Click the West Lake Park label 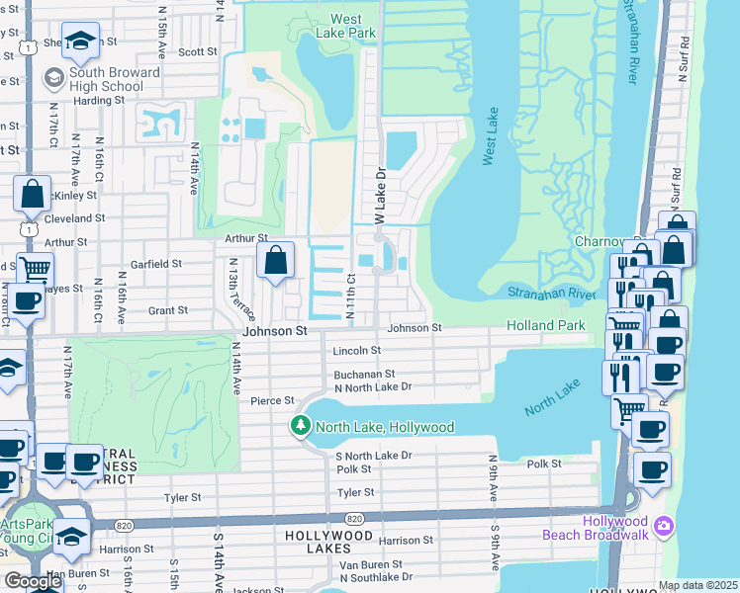pyautogui.click(x=352, y=26)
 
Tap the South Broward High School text pyautogui.click(x=115, y=79)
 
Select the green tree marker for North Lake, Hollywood pyautogui.click(x=301, y=427)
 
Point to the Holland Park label pyautogui.click(x=545, y=325)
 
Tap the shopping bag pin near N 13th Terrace pyautogui.click(x=278, y=262)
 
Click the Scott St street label pyautogui.click(x=198, y=52)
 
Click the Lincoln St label pyautogui.click(x=357, y=351)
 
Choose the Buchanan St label pyautogui.click(x=364, y=375)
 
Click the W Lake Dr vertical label pyautogui.click(x=378, y=194)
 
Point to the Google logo pyautogui.click(x=34, y=581)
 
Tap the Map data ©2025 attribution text pyautogui.click(x=697, y=585)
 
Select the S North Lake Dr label pyautogui.click(x=373, y=456)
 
